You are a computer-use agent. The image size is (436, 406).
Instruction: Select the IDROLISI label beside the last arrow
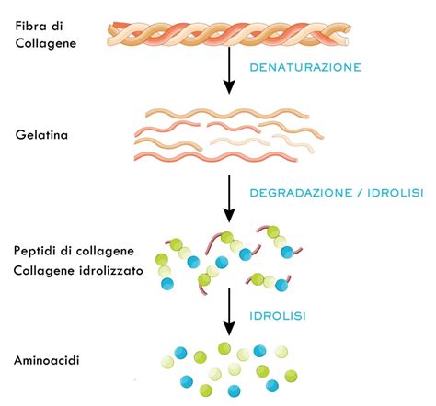point(276,316)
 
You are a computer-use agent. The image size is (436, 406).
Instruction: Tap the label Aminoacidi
point(47,360)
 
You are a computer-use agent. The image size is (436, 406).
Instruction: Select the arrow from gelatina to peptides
point(229,194)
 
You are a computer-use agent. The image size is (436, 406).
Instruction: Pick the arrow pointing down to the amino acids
point(229,312)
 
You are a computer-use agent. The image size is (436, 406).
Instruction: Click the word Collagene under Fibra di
point(46,41)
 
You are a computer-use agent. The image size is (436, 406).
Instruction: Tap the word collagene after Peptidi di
point(107,252)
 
